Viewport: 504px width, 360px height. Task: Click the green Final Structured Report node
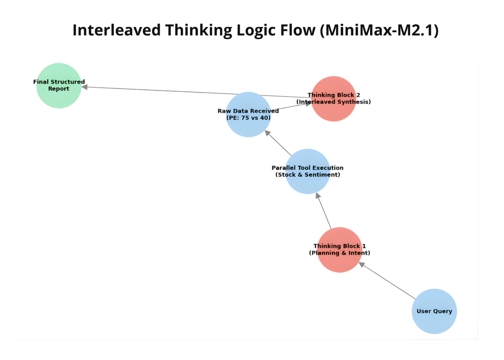(x=59, y=86)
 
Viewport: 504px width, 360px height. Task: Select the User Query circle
(x=434, y=311)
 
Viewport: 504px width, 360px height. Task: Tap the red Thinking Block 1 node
(x=340, y=250)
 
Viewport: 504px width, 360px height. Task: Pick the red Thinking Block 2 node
(x=334, y=99)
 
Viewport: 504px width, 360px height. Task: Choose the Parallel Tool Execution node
(x=307, y=171)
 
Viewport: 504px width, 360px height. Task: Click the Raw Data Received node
(x=248, y=115)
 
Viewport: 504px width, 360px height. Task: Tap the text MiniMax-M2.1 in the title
(x=379, y=30)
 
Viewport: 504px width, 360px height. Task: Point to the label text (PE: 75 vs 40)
(x=248, y=118)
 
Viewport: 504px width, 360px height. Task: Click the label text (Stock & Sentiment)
(x=307, y=175)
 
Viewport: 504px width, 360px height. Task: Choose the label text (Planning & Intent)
(x=340, y=253)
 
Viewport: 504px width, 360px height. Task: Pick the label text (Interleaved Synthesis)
(x=334, y=102)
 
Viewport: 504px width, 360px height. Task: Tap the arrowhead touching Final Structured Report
(x=85, y=87)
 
